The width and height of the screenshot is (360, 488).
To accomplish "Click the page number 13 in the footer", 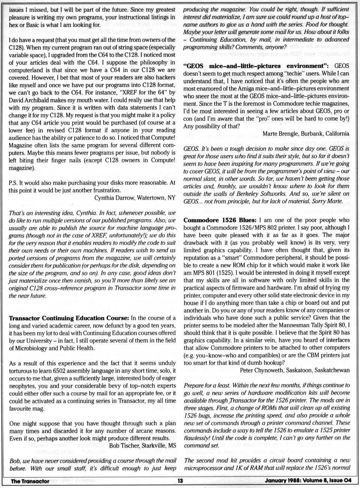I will (180, 481).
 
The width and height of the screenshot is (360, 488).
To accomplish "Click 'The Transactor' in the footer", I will (30, 481).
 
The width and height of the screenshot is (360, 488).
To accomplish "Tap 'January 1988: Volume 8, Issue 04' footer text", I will (308, 481).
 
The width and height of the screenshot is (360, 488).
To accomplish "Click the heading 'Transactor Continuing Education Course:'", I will (69, 318).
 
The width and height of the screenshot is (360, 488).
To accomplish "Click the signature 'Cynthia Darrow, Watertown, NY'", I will (135, 198).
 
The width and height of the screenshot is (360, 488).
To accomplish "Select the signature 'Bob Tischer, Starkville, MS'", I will (142, 446).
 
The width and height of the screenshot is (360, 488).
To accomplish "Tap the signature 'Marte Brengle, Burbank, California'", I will (306, 133).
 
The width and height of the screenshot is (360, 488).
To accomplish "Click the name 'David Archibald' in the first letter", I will (29, 100).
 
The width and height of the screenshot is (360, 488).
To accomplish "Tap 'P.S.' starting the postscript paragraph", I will (13, 183).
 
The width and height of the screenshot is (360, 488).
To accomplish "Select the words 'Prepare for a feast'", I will (207, 385).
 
